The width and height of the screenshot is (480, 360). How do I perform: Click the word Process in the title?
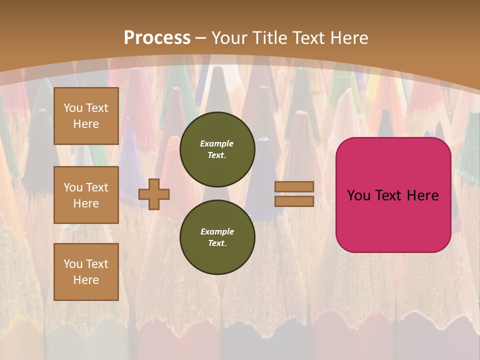[157, 38]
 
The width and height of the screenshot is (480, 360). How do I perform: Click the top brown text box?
[86, 116]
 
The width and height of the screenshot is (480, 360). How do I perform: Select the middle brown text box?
[86, 195]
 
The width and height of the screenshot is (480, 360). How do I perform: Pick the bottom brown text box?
[86, 272]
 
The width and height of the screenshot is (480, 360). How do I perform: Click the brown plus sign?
[154, 193]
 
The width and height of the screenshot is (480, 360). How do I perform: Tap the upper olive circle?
[217, 149]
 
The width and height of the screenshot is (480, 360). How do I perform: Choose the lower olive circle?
[217, 237]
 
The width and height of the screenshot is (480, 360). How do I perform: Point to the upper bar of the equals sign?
[294, 186]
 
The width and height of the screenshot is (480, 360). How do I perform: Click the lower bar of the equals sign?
[294, 201]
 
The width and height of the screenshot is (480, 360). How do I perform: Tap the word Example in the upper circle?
[217, 143]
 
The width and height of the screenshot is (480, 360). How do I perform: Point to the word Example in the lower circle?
[217, 231]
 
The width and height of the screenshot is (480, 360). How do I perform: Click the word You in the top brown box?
[73, 108]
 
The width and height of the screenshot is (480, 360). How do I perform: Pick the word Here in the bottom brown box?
[86, 280]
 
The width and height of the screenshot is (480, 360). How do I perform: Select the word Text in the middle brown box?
[96, 187]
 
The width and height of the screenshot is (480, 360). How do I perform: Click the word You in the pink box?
[358, 195]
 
